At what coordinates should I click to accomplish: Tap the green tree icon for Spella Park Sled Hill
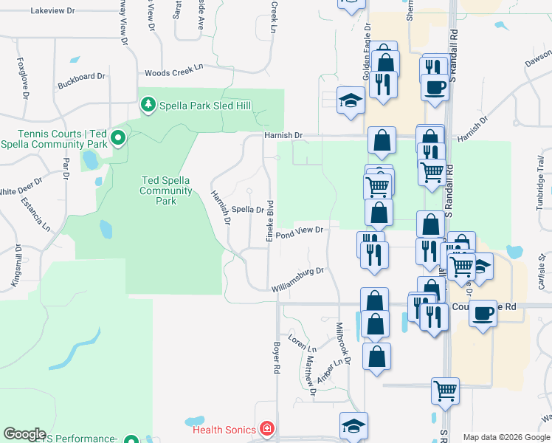click(x=148, y=105)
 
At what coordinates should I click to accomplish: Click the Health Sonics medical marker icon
click(x=265, y=429)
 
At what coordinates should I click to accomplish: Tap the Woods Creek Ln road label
click(x=173, y=71)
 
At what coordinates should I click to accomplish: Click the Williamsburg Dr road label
click(x=297, y=279)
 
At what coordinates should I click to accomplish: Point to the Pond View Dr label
click(x=300, y=233)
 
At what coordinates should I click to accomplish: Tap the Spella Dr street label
click(x=249, y=210)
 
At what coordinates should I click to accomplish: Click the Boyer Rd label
click(x=278, y=357)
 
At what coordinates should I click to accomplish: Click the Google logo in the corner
click(x=24, y=434)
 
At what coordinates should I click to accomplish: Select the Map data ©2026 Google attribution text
click(x=506, y=437)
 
